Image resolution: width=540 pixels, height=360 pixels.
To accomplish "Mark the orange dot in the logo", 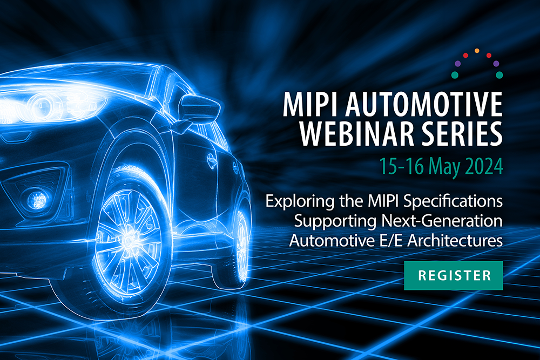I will click(477, 51).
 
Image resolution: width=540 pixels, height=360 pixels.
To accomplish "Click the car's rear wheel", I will click(240, 232).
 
